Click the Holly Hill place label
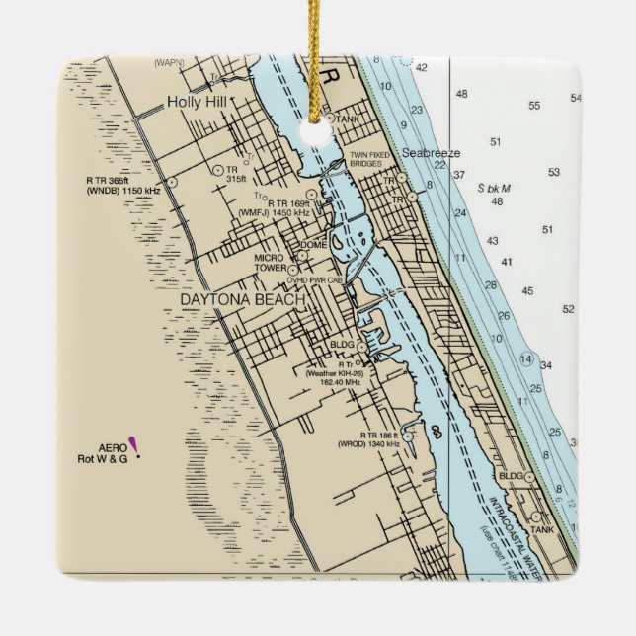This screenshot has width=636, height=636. tap(197, 101)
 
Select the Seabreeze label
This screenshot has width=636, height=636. tap(431, 153)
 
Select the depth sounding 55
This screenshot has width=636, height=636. tap(534, 106)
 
